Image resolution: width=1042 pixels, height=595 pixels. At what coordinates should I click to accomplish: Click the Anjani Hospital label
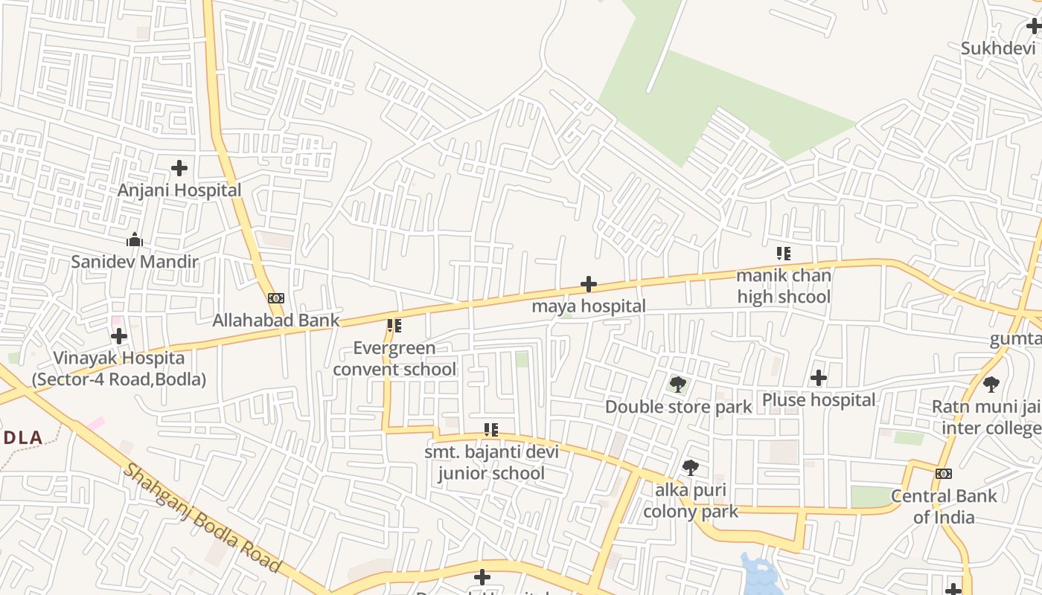179,190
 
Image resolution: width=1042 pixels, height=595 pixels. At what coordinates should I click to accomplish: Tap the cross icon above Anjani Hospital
179,168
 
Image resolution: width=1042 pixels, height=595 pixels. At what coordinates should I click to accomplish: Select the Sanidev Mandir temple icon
135,239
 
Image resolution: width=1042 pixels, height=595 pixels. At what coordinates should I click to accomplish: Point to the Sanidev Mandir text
135,262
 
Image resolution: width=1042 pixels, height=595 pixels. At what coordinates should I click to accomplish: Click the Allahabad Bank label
276,321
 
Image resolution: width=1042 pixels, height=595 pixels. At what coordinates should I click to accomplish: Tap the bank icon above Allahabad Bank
276,298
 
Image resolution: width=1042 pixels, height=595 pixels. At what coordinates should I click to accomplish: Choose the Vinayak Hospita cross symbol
119,336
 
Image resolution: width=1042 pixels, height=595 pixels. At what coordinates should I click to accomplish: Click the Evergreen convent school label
394,358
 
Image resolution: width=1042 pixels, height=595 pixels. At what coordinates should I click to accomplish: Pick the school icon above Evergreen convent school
394,326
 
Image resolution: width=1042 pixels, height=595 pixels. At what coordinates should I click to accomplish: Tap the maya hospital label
589,306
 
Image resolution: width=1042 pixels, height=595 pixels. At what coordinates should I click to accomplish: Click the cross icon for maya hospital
589,284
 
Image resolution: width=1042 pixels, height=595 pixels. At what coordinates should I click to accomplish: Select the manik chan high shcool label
783,286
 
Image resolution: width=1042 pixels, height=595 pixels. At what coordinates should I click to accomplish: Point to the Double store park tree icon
677,385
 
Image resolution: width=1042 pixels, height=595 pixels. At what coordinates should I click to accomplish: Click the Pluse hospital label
819,400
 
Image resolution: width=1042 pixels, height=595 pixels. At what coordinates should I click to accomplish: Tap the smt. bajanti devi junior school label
491,463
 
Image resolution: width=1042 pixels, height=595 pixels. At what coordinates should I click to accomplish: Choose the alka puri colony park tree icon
691,468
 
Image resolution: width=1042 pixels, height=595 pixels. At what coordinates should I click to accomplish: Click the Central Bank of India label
944,506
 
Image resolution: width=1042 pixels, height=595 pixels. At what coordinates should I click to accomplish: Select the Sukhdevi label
998,48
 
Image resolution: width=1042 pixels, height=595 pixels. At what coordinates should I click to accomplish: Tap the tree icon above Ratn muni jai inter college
991,385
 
